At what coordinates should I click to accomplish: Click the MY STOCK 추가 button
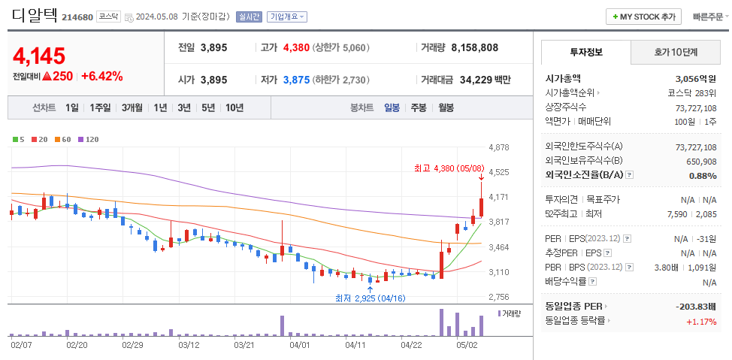point(643,17)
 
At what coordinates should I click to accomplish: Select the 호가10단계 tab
point(675,53)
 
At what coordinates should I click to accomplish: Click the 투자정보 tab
point(586,53)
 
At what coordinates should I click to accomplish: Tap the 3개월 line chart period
point(132,107)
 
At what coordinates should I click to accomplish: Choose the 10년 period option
point(234,107)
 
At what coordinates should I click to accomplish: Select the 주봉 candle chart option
point(419,107)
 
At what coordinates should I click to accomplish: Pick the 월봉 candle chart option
point(446,107)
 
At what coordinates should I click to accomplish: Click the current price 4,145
point(39,55)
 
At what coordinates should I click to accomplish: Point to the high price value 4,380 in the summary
point(296,47)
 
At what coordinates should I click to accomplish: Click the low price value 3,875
point(296,80)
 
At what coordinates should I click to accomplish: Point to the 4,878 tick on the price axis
point(498,147)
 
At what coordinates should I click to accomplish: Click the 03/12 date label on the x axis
point(189,345)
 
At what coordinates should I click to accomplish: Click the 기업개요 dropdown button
point(287,17)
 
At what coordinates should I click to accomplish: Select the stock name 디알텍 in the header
point(35,16)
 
